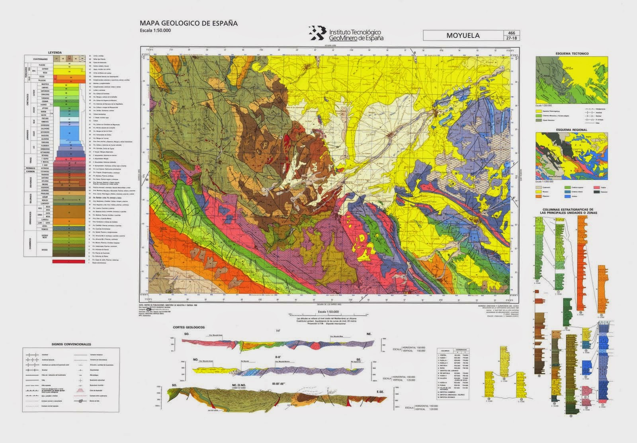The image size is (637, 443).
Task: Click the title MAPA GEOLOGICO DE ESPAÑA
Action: pos(189,23)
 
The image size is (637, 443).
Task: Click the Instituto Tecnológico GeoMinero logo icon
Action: pos(317,33)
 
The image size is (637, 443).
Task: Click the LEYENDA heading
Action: pos(55,53)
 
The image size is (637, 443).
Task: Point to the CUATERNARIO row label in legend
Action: pos(40,59)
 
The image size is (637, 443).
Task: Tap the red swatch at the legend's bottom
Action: pos(68,262)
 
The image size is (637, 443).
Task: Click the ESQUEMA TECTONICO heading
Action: pos(572,53)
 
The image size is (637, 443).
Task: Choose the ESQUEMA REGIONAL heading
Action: pos(572,130)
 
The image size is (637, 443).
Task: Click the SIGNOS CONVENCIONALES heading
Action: pos(71,344)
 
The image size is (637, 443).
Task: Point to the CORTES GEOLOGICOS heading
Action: pos(189,327)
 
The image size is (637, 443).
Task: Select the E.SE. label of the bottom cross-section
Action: pos(379,392)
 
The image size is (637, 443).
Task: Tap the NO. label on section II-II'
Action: pos(195,359)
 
